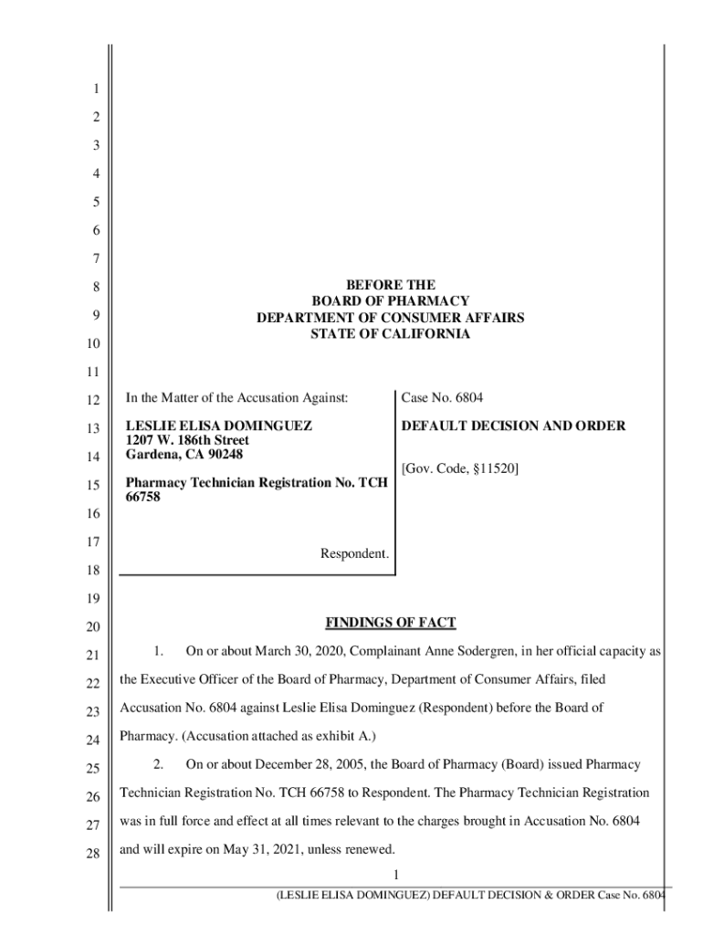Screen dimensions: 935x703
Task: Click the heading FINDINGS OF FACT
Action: click(390, 624)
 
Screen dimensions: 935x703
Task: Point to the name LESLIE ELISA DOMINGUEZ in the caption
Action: click(219, 426)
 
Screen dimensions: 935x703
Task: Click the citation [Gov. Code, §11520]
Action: click(460, 468)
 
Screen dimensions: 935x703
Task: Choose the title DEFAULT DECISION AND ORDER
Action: click(513, 426)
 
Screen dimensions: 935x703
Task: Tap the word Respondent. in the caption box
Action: click(354, 553)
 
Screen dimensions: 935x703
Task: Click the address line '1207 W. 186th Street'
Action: click(186, 441)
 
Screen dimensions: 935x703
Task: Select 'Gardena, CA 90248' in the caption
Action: click(184, 455)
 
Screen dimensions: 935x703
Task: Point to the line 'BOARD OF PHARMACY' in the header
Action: click(390, 301)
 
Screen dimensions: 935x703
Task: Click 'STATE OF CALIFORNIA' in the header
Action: click(390, 334)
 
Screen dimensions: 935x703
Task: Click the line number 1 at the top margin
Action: click(96, 89)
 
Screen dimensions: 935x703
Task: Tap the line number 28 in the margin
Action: click(90, 850)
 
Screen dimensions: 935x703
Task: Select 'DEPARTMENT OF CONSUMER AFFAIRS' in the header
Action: click(390, 318)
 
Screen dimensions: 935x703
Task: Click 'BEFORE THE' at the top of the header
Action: click(390, 285)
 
